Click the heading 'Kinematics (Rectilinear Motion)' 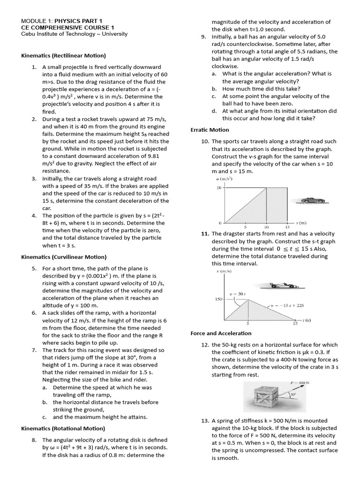pyautogui.click(x=63, y=56)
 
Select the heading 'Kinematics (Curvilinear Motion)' pyautogui.click(x=64, y=257)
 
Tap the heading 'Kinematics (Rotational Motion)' pyautogui.click(x=63, y=428)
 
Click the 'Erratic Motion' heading pyautogui.click(x=210, y=130)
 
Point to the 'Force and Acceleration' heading pyautogui.click(x=221, y=333)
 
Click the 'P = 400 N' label pyautogui.click(x=297, y=383)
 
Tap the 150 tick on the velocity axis pyautogui.click(x=218, y=299)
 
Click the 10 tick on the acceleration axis pyautogui.click(x=218, y=188)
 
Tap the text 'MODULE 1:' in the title pyautogui.click(x=37, y=21)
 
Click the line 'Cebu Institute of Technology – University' pyautogui.click(x=75, y=34)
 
